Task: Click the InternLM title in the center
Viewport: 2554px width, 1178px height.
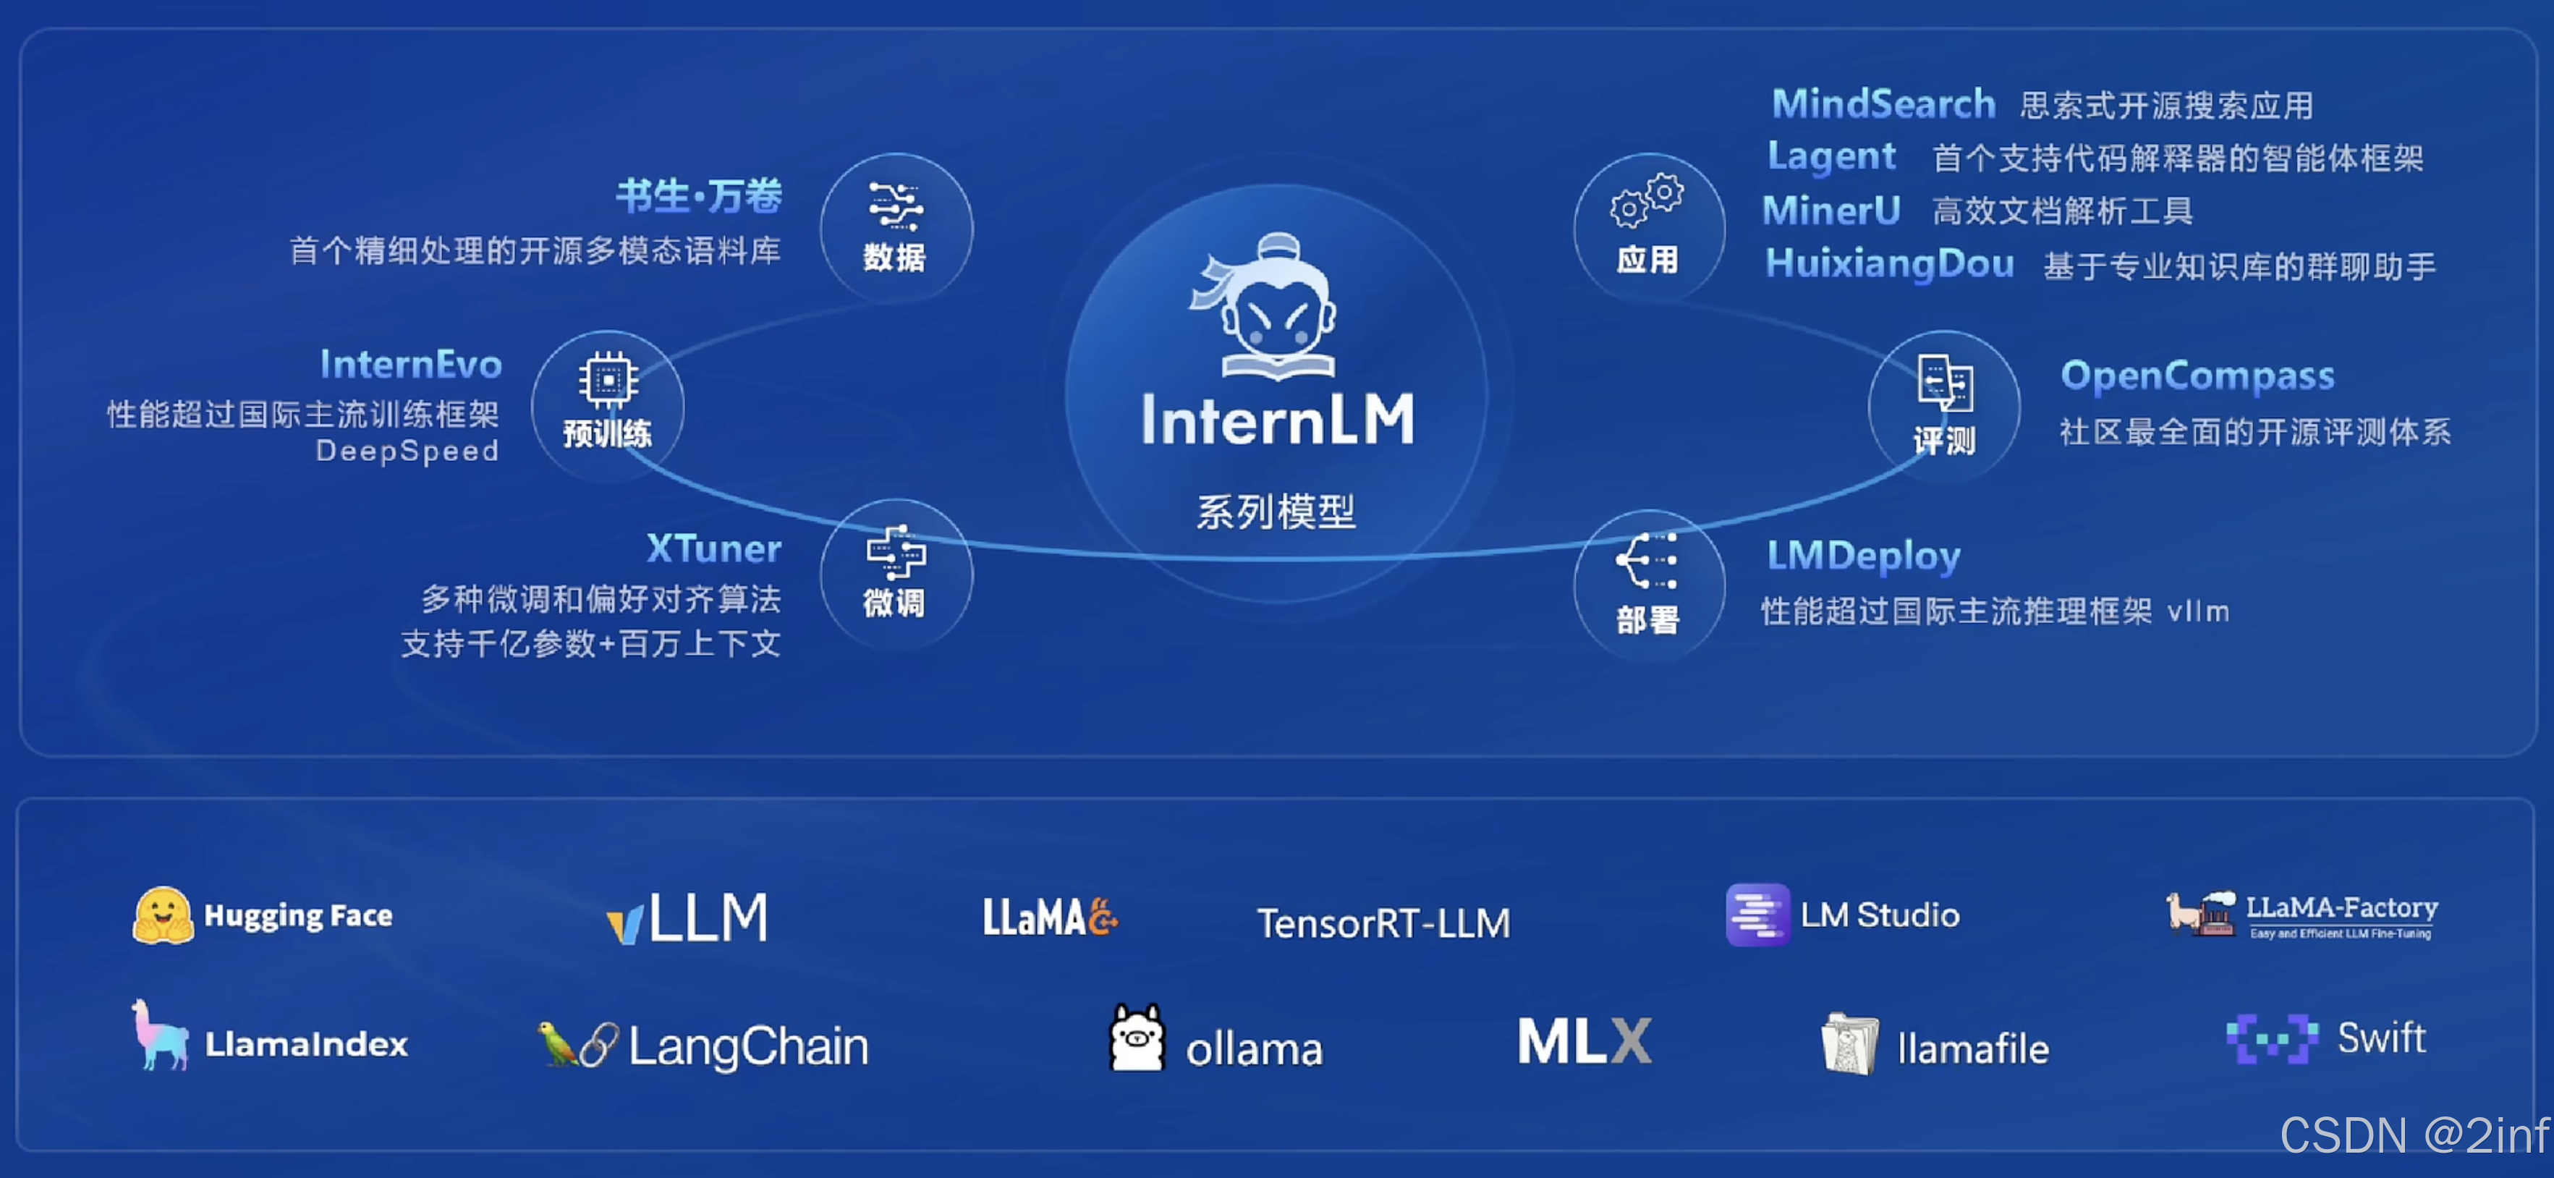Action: (x=1277, y=420)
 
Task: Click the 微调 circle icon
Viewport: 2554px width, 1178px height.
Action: (x=895, y=572)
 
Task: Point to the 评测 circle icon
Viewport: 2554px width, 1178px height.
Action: (x=1943, y=404)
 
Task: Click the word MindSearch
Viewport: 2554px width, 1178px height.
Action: (x=1883, y=104)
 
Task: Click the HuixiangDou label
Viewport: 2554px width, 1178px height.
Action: (x=1889, y=264)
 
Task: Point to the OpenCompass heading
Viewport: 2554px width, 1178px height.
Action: (x=2197, y=376)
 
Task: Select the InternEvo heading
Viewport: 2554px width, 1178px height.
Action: (x=410, y=365)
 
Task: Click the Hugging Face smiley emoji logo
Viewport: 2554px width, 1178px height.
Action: (x=163, y=914)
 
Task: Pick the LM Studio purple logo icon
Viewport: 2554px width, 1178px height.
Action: (x=1757, y=914)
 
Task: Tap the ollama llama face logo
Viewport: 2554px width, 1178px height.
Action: (x=1136, y=1038)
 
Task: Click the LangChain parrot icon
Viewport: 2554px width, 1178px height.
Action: (x=557, y=1044)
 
